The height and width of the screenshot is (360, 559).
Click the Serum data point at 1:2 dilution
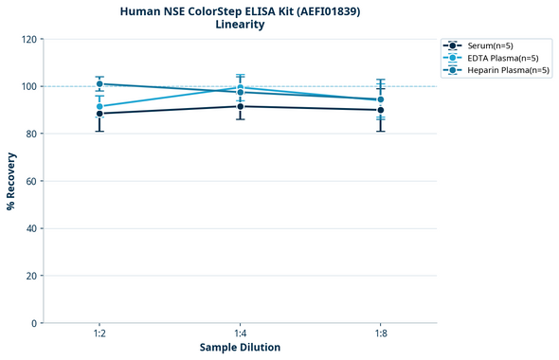[x=99, y=114]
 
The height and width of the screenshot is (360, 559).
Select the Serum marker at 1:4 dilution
[x=241, y=106]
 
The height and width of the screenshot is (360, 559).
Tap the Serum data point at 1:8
[x=381, y=110]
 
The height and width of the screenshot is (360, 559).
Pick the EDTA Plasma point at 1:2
[x=99, y=106]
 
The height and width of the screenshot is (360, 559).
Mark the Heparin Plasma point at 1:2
[x=99, y=84]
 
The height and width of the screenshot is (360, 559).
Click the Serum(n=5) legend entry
[x=490, y=45]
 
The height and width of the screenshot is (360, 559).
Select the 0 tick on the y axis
[x=34, y=323]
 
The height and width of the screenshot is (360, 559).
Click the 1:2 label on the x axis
[x=99, y=333]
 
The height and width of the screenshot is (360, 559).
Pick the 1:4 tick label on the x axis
[x=241, y=333]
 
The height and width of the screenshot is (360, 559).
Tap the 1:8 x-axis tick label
[x=381, y=333]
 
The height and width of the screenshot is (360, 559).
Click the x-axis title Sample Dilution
[x=240, y=348]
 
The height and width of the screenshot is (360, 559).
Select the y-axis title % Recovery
[x=11, y=180]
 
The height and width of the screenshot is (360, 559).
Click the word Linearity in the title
[x=240, y=25]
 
